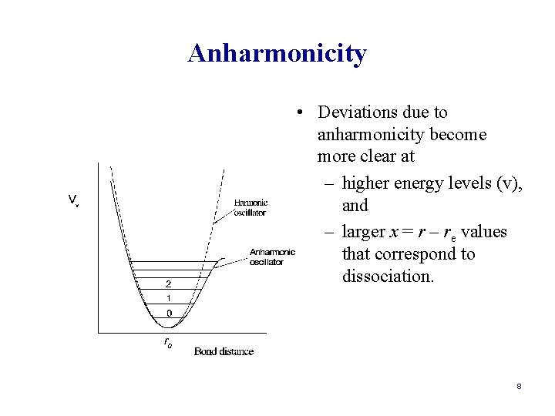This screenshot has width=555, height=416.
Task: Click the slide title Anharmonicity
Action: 277,54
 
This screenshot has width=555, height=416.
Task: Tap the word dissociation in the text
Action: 388,276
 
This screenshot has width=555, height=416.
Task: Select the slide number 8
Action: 520,386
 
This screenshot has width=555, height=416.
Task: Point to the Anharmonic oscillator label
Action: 271,257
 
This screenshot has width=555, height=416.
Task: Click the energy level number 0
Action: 169,314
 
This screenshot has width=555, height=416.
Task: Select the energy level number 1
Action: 169,298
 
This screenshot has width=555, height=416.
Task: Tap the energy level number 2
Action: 169,283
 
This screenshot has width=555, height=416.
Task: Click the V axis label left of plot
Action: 72,200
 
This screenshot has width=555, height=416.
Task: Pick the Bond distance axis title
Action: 224,351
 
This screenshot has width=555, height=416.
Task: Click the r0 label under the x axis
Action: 168,344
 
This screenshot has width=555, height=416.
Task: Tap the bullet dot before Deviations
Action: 297,113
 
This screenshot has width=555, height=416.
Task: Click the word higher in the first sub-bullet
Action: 365,183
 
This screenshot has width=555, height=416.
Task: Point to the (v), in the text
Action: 506,183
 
